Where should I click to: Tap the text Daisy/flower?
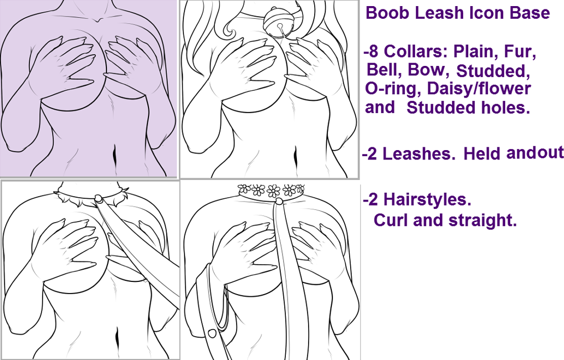tap(479, 89)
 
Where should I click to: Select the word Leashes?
tap(419, 154)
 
